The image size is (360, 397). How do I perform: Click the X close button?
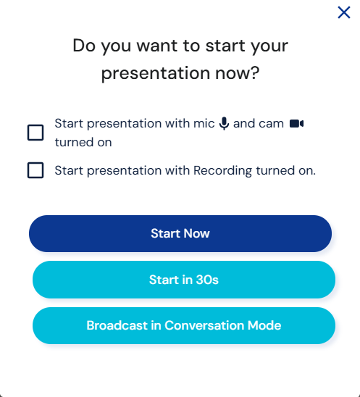pos(344,12)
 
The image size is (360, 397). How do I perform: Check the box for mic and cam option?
pos(35,133)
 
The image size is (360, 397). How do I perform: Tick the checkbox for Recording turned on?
pos(35,170)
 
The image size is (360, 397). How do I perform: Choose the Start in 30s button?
pos(183,280)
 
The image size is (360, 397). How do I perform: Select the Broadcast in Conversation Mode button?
pos(183,325)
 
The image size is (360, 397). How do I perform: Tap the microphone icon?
pos(224,124)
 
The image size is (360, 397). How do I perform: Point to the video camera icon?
pos(296,124)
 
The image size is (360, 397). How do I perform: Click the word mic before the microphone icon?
pos(204,124)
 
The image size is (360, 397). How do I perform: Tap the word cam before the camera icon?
pos(271,124)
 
